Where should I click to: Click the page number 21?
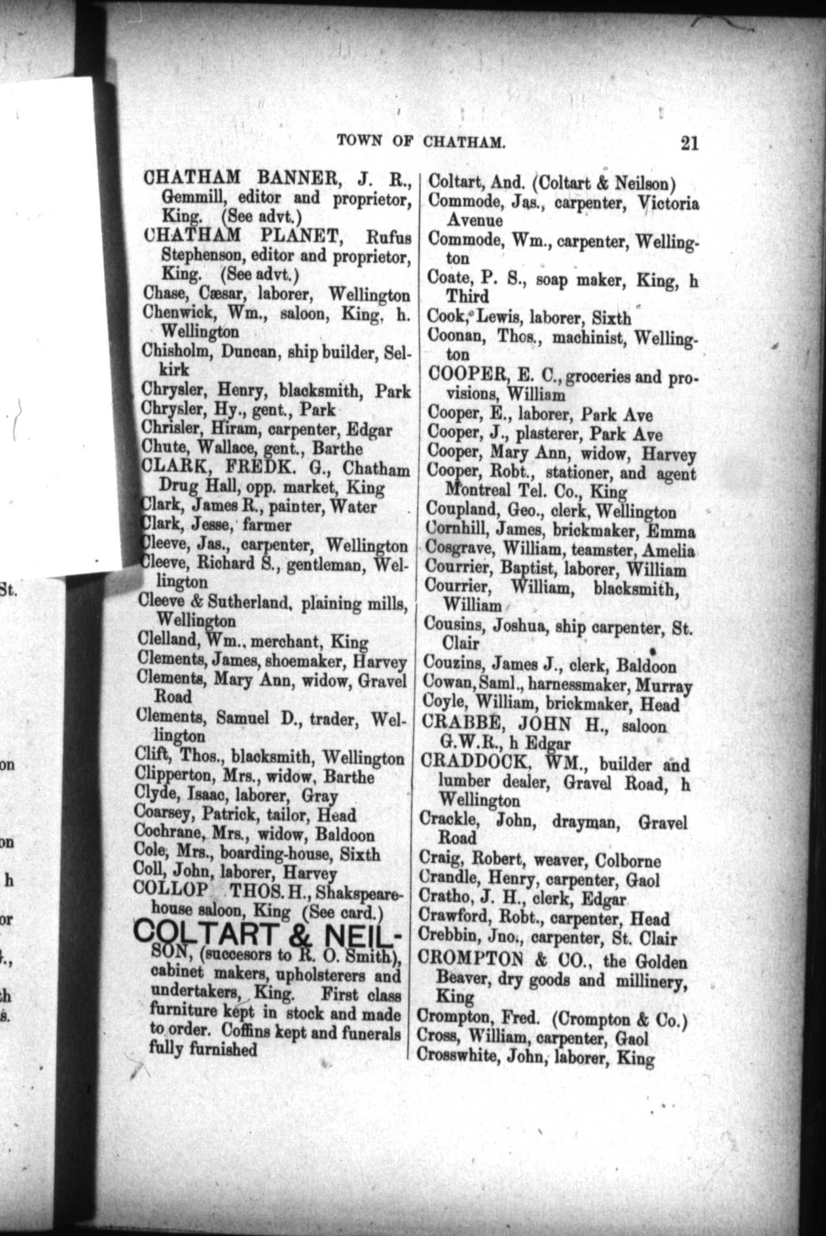click(690, 143)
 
